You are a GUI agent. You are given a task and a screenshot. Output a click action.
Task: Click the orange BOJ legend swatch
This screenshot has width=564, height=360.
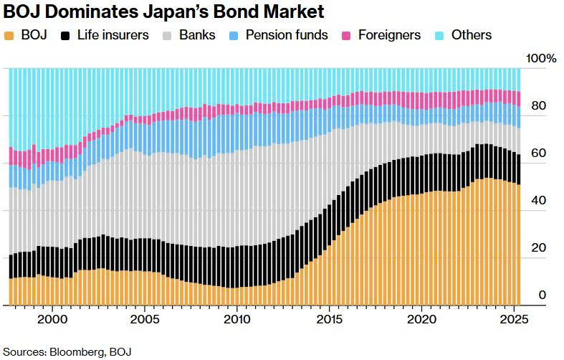click(9, 35)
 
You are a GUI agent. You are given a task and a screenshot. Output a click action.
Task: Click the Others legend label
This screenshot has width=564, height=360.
click(472, 35)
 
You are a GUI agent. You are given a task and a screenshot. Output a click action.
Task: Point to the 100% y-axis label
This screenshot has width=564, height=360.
click(541, 58)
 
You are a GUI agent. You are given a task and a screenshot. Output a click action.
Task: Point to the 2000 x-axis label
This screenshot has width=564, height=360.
click(52, 318)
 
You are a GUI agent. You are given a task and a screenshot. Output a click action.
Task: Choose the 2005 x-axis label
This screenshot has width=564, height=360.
click(144, 318)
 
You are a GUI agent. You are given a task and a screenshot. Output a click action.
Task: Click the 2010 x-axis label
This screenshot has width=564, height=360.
click(236, 318)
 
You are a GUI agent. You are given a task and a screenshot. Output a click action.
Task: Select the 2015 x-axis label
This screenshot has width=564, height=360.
click(329, 318)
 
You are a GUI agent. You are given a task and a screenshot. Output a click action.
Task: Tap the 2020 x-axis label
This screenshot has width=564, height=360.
click(421, 318)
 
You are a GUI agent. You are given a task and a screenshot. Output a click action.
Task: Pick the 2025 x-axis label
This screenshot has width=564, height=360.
click(514, 318)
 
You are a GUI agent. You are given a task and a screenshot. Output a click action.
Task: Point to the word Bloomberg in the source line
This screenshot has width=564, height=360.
click(77, 351)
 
